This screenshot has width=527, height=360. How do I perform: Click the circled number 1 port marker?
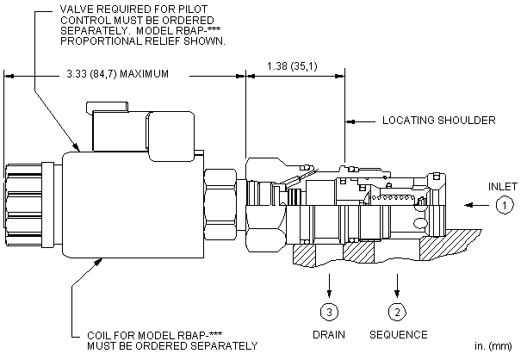pos(504,205)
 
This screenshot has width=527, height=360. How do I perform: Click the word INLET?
pos(502,184)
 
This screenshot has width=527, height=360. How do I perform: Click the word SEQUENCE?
pos(397,333)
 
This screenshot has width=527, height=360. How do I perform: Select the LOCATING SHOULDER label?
pos(438,121)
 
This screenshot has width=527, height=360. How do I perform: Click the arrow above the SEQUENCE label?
pos(397,283)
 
